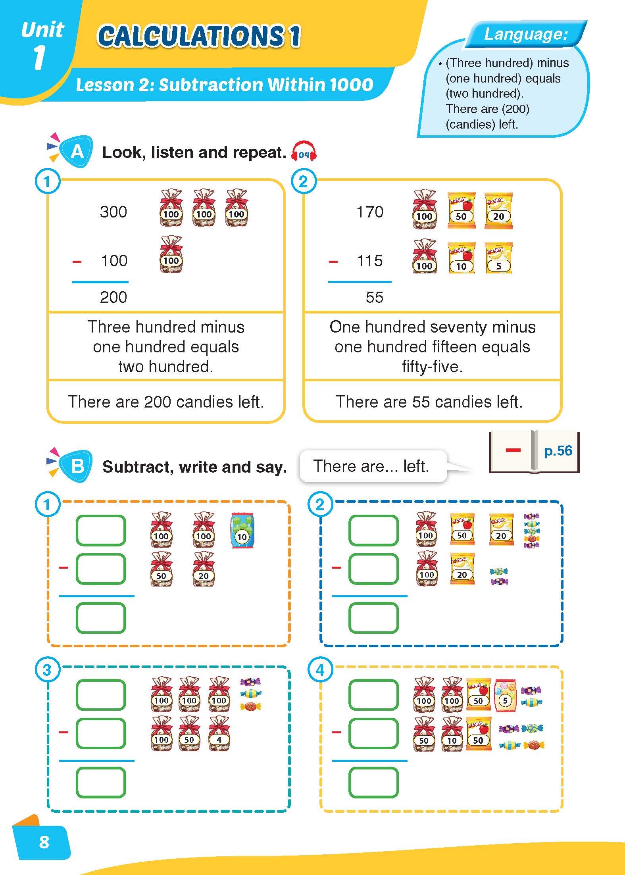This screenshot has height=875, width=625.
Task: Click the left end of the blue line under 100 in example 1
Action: coord(72,282)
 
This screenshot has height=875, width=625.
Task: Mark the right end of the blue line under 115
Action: coord(391,282)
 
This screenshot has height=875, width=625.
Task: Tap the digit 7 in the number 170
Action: coord(370,212)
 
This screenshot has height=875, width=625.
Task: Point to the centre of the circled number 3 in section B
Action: coord(47,670)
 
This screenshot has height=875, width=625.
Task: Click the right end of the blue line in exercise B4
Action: coord(407,761)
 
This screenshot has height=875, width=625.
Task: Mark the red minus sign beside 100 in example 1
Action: coord(77,262)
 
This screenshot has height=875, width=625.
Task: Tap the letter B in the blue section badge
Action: coord(77,466)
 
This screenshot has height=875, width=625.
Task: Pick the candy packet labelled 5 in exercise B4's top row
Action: coord(505,695)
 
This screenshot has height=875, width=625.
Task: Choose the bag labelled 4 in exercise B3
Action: coord(219,734)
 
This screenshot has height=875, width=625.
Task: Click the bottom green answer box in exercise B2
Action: coord(373,618)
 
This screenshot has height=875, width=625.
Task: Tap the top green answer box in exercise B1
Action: coord(101,531)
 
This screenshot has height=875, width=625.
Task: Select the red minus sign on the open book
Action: coord(513,450)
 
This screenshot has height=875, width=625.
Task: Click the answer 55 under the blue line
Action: coord(375,297)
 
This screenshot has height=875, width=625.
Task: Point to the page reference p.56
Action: coord(558,451)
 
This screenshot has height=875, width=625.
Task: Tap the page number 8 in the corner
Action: coord(44,842)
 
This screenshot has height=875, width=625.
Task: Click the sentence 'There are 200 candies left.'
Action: coord(166,402)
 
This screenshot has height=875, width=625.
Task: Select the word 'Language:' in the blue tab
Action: coord(526,34)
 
